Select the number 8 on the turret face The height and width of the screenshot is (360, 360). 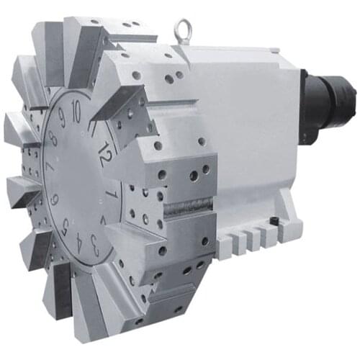(x=53, y=137)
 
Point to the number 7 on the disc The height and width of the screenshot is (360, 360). (x=49, y=167)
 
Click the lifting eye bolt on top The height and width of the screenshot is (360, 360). (x=184, y=31)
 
